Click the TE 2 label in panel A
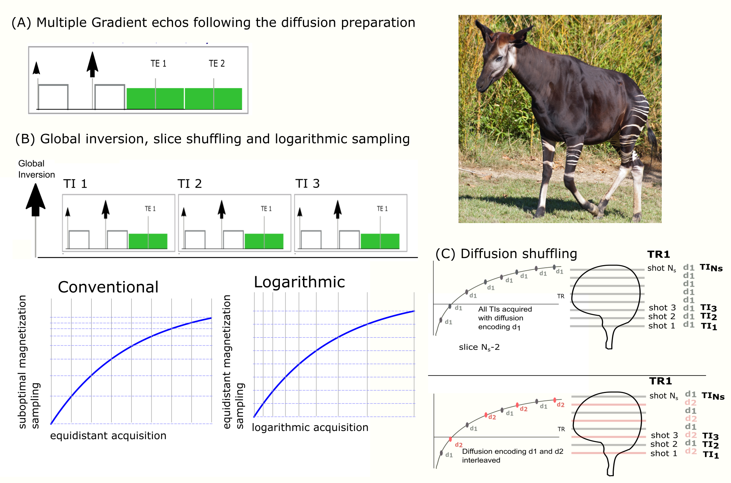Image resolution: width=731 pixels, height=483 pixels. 217,64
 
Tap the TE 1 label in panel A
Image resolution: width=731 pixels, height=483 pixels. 159,64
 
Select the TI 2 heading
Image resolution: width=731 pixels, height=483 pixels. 189,184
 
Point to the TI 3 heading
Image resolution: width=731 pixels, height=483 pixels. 307,183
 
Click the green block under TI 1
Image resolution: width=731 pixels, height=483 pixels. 148,241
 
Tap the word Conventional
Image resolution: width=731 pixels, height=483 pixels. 108,287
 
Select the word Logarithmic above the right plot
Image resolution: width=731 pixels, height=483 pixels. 299,282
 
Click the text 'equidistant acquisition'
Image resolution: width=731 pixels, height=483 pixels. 108,435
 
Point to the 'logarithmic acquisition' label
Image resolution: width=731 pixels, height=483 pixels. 310,428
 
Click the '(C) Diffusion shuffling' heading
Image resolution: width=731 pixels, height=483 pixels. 506,254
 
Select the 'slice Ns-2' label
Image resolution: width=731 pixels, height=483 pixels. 479,347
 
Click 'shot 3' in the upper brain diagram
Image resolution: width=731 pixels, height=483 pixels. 662,307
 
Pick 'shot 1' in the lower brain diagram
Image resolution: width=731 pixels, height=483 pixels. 664,453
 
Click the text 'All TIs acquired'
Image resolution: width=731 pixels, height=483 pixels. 505,309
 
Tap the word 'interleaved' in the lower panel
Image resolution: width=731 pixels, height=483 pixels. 481,460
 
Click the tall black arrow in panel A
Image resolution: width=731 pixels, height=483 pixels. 92,64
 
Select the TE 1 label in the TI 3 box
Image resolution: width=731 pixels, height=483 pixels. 382,209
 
